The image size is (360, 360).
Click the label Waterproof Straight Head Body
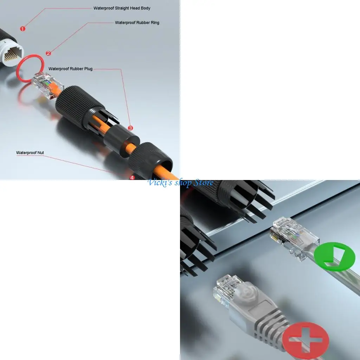pyautogui.click(x=122, y=8)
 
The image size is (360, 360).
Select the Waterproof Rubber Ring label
pyautogui.click(x=137, y=23)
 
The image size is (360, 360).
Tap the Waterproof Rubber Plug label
pyautogui.click(x=70, y=69)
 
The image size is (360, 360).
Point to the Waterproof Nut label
pyautogui.click(x=30, y=153)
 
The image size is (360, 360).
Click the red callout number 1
pyautogui.click(x=23, y=29)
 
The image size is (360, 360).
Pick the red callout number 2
pyautogui.click(x=49, y=53)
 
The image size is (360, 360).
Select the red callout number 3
pyautogui.click(x=130, y=128)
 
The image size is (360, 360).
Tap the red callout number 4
pyautogui.click(x=132, y=178)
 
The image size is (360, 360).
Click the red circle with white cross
pyautogui.click(x=306, y=339)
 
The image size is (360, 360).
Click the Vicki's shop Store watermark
pyautogui.click(x=180, y=183)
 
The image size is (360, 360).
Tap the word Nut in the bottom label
pyautogui.click(x=40, y=153)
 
